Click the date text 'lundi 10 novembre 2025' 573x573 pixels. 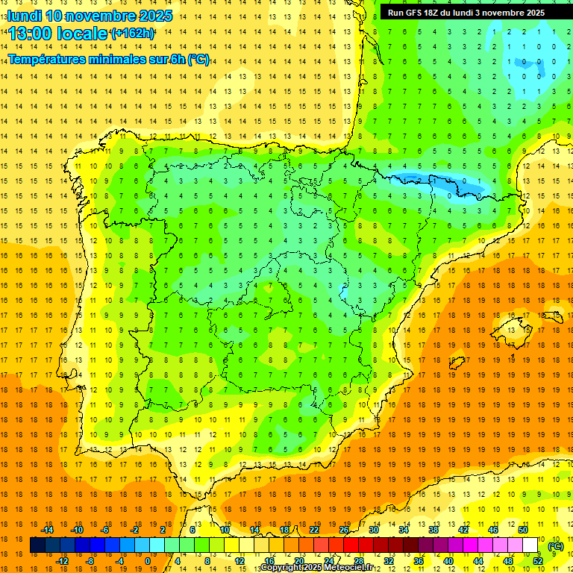[90, 16]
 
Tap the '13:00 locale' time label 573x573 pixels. [58, 34]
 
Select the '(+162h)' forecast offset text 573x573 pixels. [132, 34]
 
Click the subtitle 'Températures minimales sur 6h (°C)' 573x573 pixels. [109, 59]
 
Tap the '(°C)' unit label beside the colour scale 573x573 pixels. [555, 546]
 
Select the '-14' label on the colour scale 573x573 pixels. [48, 530]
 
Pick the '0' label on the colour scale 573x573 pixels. [148, 561]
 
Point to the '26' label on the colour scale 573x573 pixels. [344, 530]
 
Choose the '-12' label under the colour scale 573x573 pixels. [63, 561]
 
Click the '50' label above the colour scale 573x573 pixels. [522, 530]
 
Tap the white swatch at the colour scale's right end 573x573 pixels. [530, 545]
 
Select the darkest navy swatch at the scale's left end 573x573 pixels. [37, 545]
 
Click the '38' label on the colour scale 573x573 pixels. [433, 530]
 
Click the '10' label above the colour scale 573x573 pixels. [225, 530]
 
